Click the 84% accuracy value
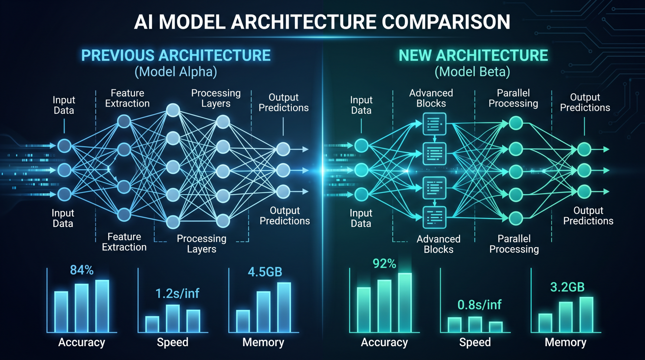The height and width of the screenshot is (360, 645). (82, 270)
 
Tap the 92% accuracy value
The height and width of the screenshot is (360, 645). (384, 263)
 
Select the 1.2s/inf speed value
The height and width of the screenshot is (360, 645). (177, 293)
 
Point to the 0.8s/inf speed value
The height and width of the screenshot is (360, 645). (479, 305)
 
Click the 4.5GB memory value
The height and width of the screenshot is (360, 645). (265, 272)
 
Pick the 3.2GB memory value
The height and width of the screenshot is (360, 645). (567, 287)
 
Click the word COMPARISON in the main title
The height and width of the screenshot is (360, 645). (446, 22)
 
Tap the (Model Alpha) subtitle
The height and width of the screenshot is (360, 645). (176, 72)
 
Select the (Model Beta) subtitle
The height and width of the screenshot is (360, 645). (472, 72)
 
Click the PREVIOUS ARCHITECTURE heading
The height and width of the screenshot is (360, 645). (176, 55)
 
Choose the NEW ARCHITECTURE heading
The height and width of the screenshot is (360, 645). (473, 55)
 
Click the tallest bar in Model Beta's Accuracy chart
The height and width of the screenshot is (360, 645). (405, 302)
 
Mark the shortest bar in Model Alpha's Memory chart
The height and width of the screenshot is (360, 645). (243, 321)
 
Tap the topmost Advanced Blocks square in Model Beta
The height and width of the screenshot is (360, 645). (434, 124)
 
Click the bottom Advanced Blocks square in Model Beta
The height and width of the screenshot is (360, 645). (434, 217)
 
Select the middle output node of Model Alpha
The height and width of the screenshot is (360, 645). (283, 170)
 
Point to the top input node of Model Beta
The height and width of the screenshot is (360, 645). (361, 146)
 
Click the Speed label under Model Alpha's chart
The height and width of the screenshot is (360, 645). (173, 342)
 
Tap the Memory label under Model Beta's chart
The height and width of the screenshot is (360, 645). (566, 342)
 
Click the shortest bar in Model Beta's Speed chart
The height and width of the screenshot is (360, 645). (496, 327)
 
